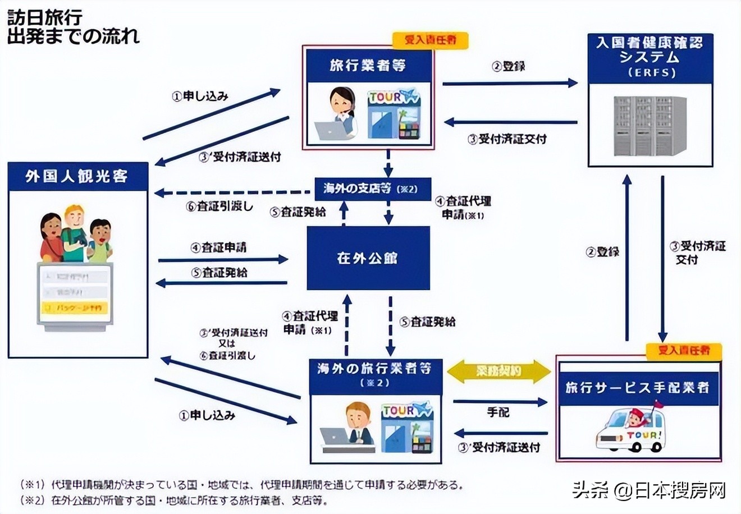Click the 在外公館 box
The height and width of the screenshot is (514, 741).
(368, 258)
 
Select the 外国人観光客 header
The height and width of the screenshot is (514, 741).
(77, 177)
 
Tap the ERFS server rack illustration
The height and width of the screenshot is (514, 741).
(650, 126)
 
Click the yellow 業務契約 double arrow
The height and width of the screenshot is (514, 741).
(499, 371)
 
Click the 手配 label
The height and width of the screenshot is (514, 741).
(498, 412)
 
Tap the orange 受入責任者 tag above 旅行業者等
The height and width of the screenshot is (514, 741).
(429, 40)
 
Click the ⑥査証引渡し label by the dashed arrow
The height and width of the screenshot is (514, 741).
(219, 206)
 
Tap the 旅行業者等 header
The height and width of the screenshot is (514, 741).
(368, 66)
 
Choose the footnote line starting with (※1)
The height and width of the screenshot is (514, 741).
(241, 484)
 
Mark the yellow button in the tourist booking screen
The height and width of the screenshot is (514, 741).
(74, 308)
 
